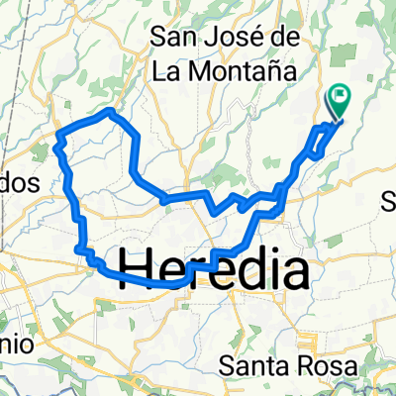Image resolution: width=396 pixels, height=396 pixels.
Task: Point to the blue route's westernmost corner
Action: point(59,133)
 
